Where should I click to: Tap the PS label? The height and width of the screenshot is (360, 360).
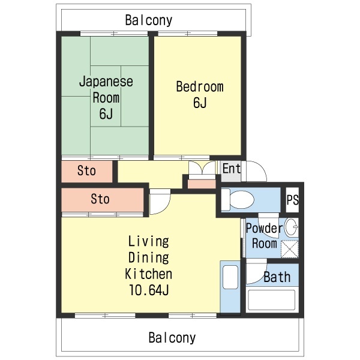coord(293,200)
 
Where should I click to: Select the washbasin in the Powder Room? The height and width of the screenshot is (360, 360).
coord(291,227)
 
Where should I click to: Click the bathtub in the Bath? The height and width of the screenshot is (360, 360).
coord(272,300)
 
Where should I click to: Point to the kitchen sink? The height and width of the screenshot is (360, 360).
coord(230,277)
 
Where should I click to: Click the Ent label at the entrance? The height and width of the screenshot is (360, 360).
coord(232,169)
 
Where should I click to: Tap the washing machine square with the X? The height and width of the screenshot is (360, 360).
coord(290,249)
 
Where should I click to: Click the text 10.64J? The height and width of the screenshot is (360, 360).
coord(149,290)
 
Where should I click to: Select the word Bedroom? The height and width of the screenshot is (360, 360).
coord(200,87)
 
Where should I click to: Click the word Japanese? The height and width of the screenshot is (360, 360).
coord(106,82)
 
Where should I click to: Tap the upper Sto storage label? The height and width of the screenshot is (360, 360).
coord(86,171)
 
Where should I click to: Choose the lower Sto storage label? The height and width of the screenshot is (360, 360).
coord(100,199)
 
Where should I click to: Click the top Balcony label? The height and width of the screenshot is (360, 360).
coord(149,20)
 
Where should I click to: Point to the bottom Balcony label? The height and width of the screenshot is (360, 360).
coord(172,338)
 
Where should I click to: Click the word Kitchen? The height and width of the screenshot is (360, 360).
coord(148,274)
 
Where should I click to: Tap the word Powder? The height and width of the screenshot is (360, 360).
coord(264,228)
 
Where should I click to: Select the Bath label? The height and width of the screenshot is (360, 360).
coord(277,277)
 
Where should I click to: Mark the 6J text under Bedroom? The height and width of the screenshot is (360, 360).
coord(200,103)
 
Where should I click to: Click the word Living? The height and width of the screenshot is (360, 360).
coord(149,242)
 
